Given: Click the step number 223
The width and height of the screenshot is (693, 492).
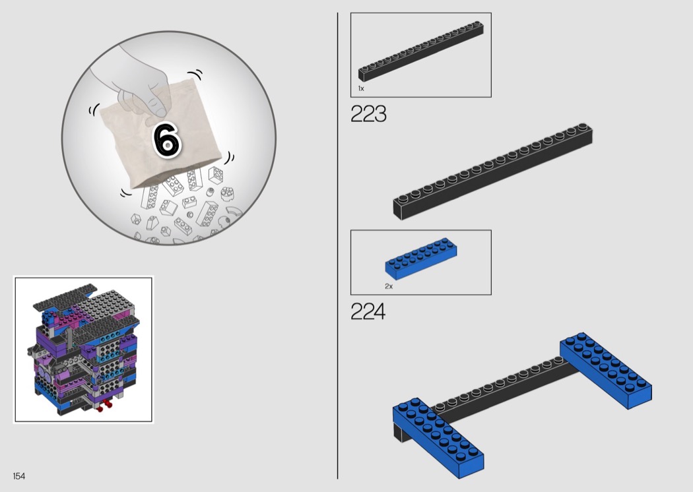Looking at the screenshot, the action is tap(368, 114).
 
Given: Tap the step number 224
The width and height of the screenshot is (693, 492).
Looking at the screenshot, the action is tap(368, 311).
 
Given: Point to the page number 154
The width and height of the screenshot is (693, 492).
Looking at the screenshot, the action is tap(19, 476).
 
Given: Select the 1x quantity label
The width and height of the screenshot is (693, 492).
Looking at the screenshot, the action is tap(361, 88).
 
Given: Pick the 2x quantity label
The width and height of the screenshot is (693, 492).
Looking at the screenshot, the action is tap(389, 286).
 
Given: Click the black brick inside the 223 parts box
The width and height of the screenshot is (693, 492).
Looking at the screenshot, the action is tap(420, 51).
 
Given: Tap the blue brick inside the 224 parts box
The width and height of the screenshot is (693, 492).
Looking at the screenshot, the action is tap(421, 259).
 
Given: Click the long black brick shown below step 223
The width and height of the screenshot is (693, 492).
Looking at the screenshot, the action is tap(492, 171).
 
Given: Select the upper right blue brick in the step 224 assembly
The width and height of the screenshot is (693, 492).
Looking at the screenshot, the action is tap(605, 370).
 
